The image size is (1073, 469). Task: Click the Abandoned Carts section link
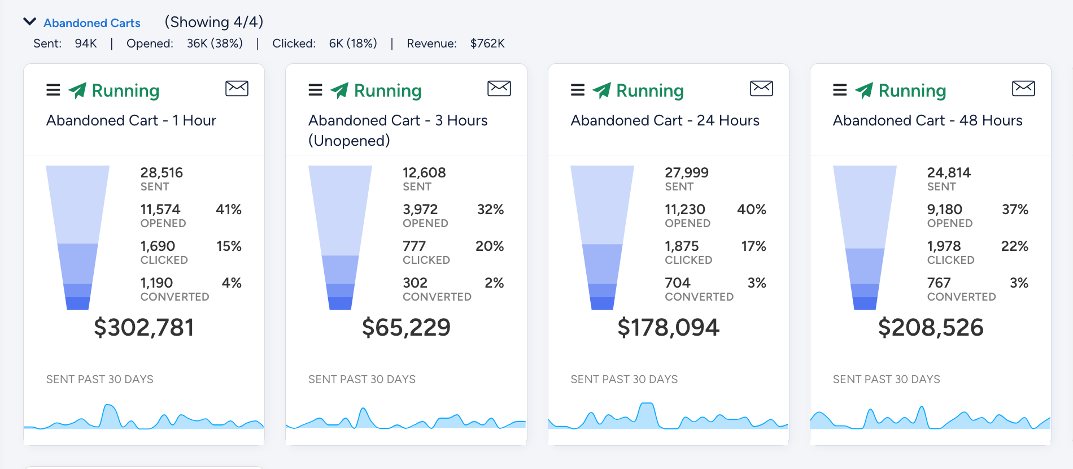tap(91, 23)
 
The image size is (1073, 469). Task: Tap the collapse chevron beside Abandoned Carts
tap(29, 22)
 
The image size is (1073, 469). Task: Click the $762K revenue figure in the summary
tap(487, 44)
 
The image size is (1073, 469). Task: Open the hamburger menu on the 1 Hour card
tap(53, 90)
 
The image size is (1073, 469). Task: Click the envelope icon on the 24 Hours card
tap(761, 88)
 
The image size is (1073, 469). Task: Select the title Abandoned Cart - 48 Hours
tap(927, 120)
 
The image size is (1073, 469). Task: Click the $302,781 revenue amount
tap(144, 328)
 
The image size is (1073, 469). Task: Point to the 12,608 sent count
tap(424, 172)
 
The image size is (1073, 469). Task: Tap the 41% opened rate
tap(229, 210)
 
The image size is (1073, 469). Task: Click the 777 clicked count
tap(414, 246)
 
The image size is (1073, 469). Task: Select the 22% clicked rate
tap(1015, 246)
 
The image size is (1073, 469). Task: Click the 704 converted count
tap(678, 283)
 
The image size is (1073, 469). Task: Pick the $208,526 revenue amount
tap(931, 328)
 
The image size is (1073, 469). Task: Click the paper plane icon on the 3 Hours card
tap(339, 90)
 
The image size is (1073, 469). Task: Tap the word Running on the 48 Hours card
tap(912, 90)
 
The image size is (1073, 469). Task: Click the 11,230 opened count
tap(685, 210)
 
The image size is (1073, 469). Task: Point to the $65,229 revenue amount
tap(406, 328)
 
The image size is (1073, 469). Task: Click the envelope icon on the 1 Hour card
tap(237, 88)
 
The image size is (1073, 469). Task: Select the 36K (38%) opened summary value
tap(215, 44)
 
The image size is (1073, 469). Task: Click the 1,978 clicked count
tap(944, 246)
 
